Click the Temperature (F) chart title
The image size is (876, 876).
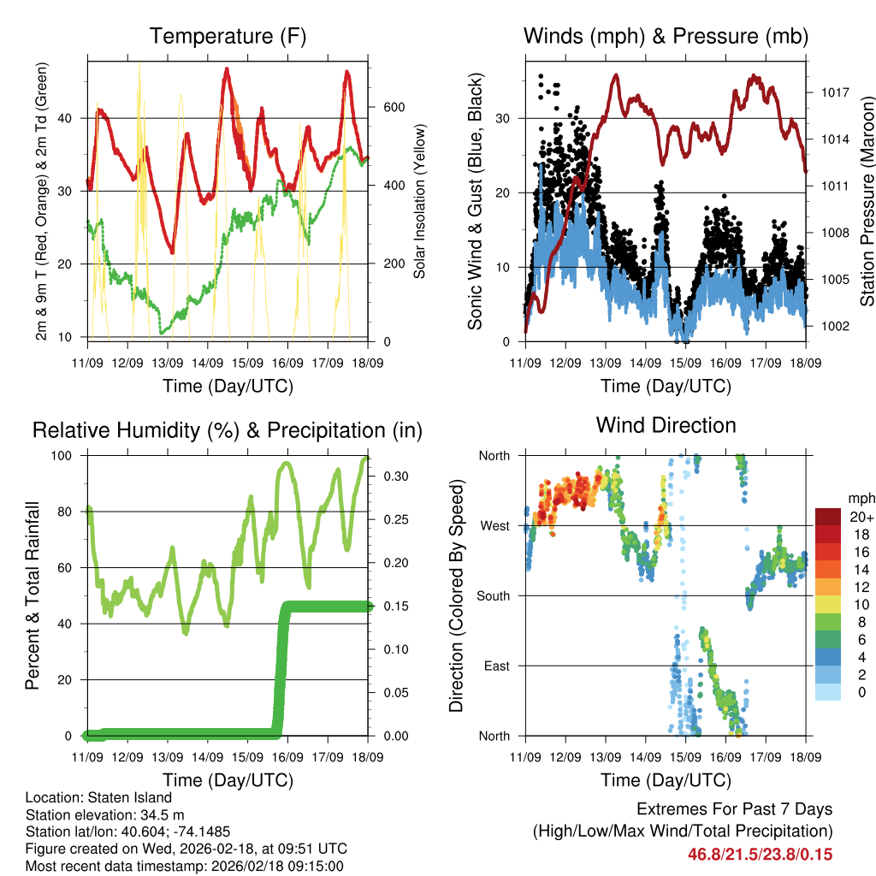point(228,37)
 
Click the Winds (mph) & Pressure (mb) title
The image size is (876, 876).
point(666,37)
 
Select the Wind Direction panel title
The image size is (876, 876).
point(666,425)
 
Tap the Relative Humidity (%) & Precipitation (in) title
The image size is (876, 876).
point(228,430)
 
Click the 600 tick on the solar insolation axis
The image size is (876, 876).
point(393,108)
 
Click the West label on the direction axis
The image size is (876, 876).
point(494,525)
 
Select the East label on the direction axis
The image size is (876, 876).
point(496,666)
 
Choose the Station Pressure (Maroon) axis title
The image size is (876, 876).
point(867,200)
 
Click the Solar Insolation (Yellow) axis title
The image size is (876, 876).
point(420,200)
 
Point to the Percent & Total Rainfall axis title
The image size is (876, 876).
point(33,595)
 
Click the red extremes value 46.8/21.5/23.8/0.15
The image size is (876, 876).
point(760,854)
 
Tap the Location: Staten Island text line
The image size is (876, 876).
point(98,798)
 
